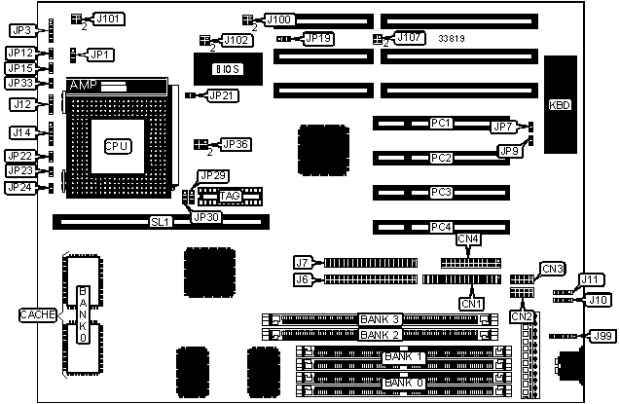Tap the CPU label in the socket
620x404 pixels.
(118, 145)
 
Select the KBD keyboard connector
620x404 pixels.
(561, 104)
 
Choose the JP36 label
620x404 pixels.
(236, 144)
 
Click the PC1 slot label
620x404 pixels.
(441, 124)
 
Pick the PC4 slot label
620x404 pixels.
(441, 228)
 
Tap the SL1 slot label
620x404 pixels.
(160, 222)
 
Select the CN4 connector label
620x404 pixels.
(468, 239)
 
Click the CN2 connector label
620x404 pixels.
(522, 315)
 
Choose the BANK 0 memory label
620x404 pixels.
(403, 383)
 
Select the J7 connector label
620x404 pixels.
(303, 262)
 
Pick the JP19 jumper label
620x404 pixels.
(318, 39)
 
